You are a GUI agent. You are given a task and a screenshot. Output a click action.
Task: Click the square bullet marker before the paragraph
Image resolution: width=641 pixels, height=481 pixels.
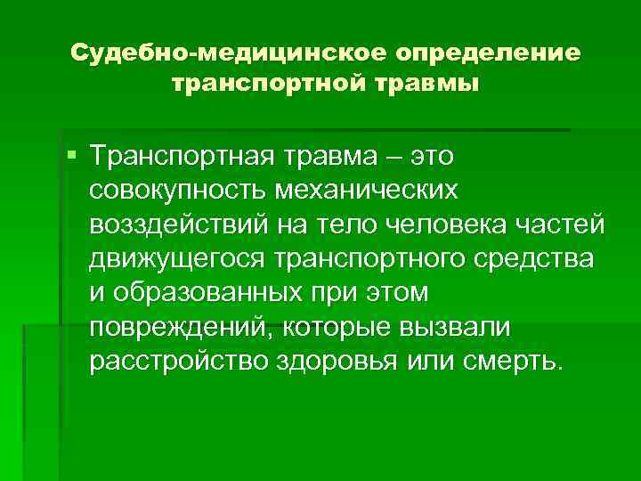point(71,157)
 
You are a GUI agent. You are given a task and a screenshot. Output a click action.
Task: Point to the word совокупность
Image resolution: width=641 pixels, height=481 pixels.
point(182,189)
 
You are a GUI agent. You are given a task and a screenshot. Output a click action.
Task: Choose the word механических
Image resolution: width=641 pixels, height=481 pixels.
point(386,189)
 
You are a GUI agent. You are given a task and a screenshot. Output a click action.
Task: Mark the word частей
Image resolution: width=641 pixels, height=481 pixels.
point(562,223)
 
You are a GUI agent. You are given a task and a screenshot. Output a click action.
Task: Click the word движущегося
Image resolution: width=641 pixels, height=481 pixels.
point(178,257)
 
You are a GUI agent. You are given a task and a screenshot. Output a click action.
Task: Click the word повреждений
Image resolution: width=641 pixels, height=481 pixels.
point(181,327)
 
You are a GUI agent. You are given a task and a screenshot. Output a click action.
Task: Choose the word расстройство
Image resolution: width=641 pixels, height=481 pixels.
point(177,362)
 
